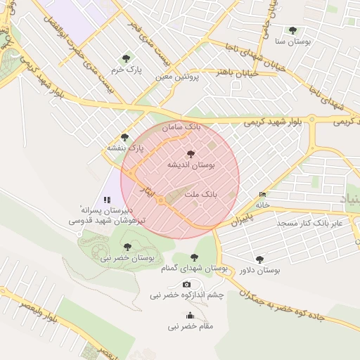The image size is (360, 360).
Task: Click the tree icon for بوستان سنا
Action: tap(292, 30)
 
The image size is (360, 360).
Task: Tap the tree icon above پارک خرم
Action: tap(126, 58)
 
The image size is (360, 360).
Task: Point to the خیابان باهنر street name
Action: tap(236, 72)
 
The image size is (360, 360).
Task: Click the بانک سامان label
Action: tap(181, 128)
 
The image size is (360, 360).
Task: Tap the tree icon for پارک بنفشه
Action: tap(124, 137)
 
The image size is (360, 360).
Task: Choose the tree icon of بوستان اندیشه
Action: tap(191, 153)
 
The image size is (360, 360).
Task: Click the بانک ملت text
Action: tap(202, 192)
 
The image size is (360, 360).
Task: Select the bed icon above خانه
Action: tap(262, 194)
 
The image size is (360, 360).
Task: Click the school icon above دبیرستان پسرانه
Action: tap(107, 200)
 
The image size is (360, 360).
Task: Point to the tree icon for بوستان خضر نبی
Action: tap(127, 247)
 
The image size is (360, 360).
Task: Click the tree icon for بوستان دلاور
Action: tap(259, 259)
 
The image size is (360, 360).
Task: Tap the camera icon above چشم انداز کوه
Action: tap(186, 284)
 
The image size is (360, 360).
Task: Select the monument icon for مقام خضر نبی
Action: tap(189, 316)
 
